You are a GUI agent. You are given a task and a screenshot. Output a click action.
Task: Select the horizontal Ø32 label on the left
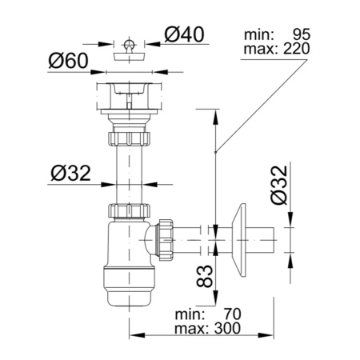click(x=68, y=174)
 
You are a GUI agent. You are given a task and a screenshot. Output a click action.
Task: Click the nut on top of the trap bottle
click(x=127, y=212)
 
